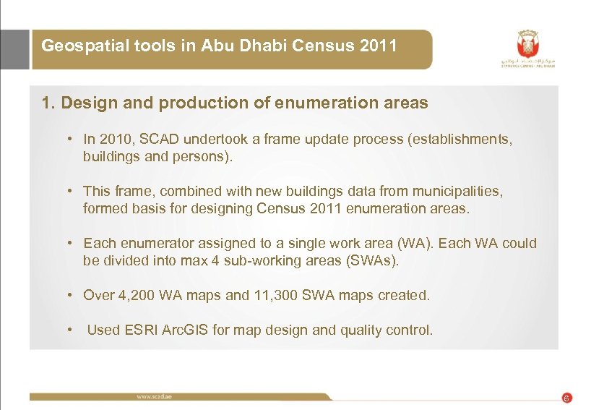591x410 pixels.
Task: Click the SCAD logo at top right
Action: pyautogui.click(x=528, y=48)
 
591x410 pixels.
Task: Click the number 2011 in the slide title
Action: pyautogui.click(x=378, y=46)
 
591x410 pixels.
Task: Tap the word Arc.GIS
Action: pyautogui.click(x=186, y=330)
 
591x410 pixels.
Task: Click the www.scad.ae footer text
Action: pyautogui.click(x=155, y=396)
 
